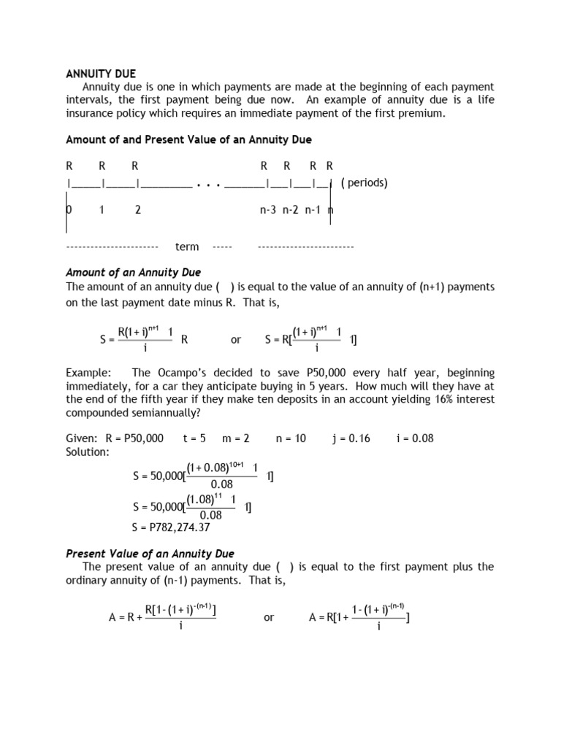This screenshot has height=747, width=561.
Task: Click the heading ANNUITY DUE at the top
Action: coord(101,74)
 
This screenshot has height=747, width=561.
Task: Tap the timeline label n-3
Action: coord(269,209)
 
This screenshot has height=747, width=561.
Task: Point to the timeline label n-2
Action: coord(291,209)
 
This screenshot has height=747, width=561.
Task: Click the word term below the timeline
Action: coord(187,247)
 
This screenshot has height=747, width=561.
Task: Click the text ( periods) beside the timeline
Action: coord(364,182)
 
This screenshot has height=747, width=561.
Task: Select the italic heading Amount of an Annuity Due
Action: coord(133,272)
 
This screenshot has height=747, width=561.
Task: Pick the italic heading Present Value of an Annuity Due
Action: coord(150,554)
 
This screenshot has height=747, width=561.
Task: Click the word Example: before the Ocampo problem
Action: coord(89,372)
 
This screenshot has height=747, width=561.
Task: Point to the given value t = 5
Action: coord(194,438)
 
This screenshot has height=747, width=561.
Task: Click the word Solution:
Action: coord(88,452)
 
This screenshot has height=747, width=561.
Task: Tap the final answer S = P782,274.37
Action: coord(170,527)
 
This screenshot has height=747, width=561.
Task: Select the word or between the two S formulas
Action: coord(236,339)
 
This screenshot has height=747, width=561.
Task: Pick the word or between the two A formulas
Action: coord(269,617)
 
